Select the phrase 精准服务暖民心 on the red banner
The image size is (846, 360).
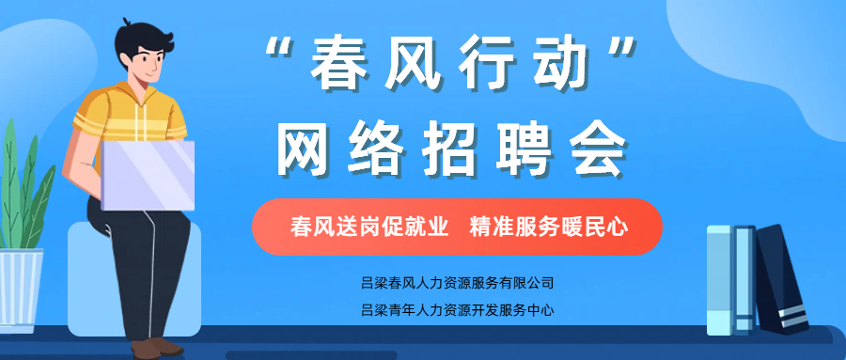click(x=550, y=227)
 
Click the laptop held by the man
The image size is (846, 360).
click(x=148, y=175)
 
